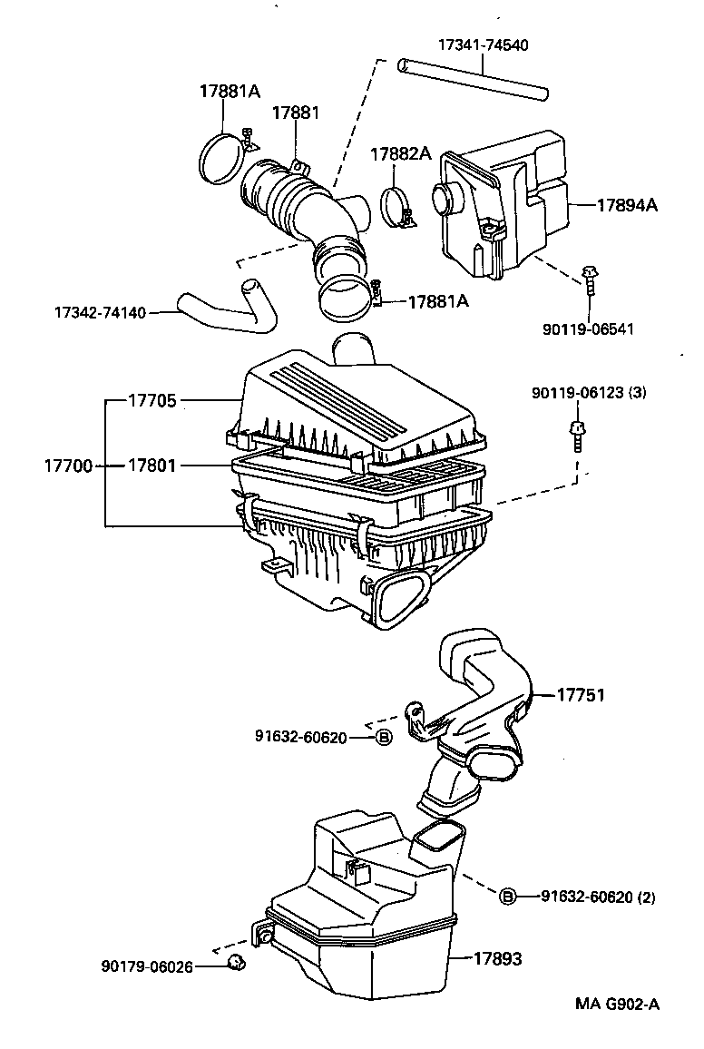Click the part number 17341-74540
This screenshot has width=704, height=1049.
[x=483, y=44]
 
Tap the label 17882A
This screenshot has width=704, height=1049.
[x=400, y=154]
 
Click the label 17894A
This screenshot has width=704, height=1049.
[x=627, y=205]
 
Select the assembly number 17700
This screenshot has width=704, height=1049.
[x=68, y=465]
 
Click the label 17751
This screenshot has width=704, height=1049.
[x=580, y=695]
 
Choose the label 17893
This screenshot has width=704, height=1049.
[x=497, y=958]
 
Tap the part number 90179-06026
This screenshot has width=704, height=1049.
[x=146, y=966]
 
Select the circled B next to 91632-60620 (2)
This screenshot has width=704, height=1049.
[x=508, y=897]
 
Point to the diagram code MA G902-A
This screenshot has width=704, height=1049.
[x=617, y=1004]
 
